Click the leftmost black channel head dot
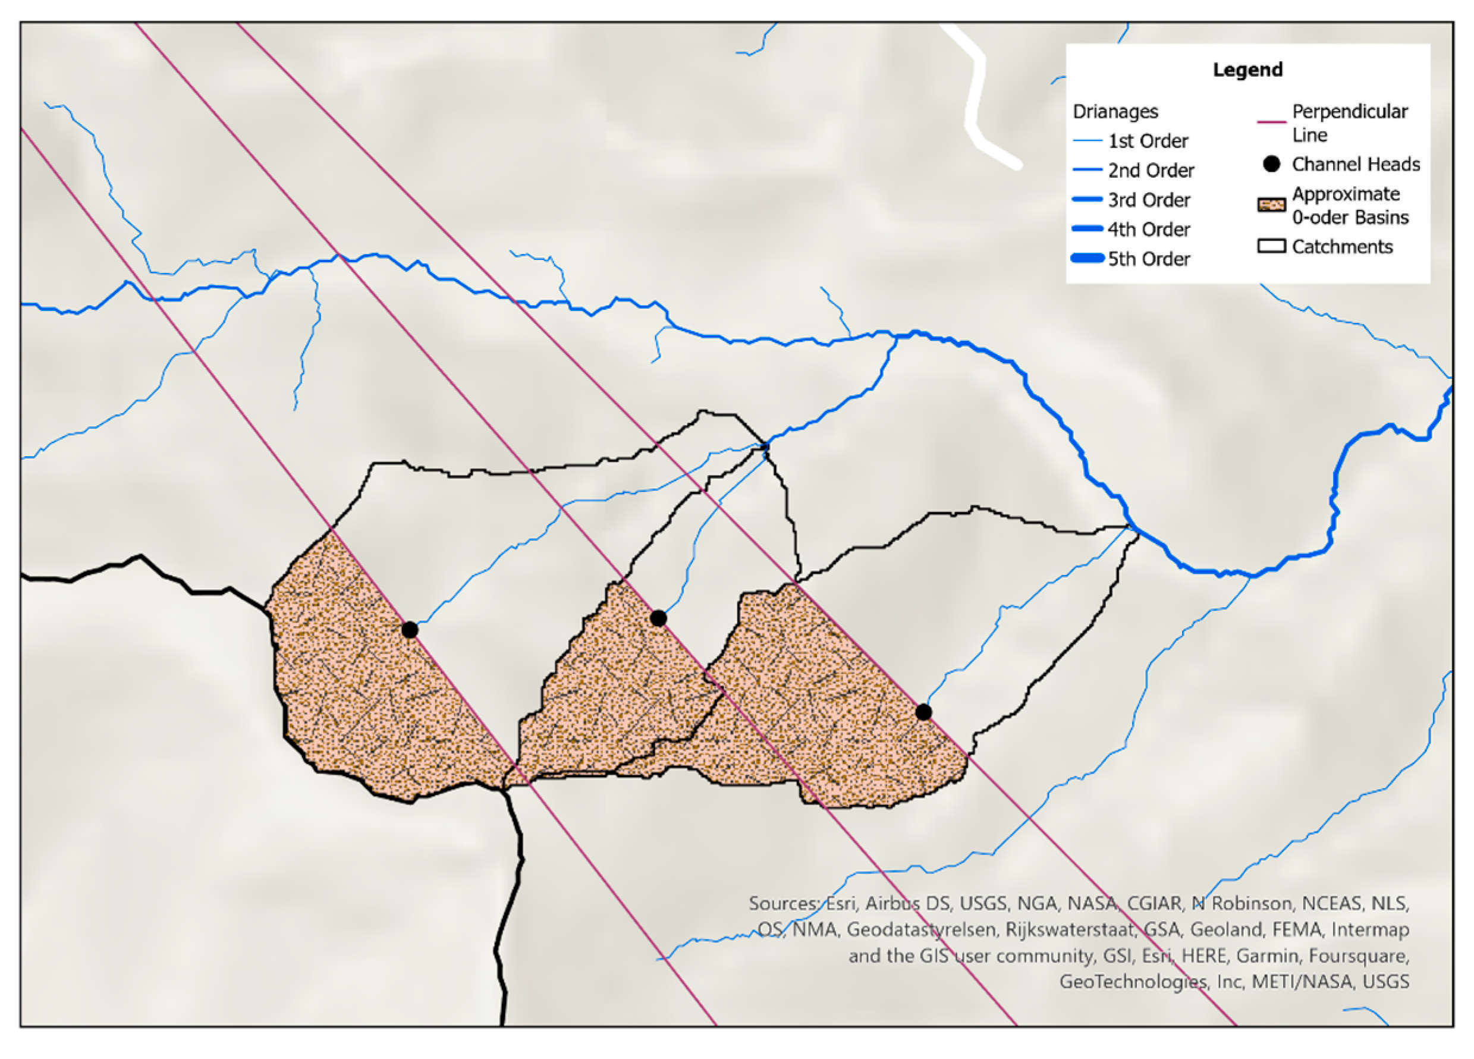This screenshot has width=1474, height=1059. pyautogui.click(x=410, y=629)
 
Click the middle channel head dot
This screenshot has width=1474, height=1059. pyautogui.click(x=658, y=618)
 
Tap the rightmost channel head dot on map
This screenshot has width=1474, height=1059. pyautogui.click(x=923, y=712)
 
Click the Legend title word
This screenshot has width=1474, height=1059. pyautogui.click(x=1247, y=70)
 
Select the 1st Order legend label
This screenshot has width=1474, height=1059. pyautogui.click(x=1148, y=141)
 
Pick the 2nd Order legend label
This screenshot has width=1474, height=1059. pyautogui.click(x=1151, y=170)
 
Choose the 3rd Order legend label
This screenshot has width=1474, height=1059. pyautogui.click(x=1148, y=200)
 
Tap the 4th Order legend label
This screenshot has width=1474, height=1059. pyautogui.click(x=1148, y=230)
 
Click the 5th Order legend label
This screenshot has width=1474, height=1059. pyautogui.click(x=1148, y=259)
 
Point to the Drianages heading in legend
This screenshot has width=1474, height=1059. pyautogui.click(x=1115, y=112)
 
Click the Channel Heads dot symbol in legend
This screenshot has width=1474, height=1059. pyautogui.click(x=1272, y=164)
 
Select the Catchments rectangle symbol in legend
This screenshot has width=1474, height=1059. pyautogui.click(x=1272, y=246)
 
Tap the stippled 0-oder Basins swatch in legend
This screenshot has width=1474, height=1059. pyautogui.click(x=1272, y=205)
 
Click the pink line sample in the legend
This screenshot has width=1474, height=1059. pyautogui.click(x=1272, y=121)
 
